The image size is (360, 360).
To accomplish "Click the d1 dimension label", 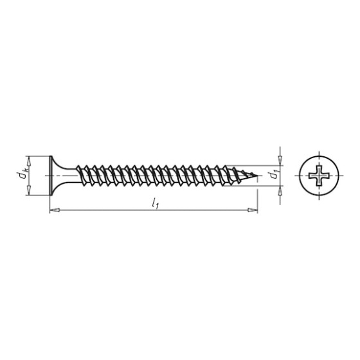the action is point(274,174).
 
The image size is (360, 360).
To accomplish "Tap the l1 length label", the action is point(155,204).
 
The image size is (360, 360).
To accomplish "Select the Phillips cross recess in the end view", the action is point(319,175).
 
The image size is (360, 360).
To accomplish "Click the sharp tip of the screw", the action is point(257,175).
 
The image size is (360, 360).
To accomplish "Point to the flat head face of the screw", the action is point(51,175).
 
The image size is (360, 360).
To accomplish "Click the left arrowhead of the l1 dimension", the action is point(55,210).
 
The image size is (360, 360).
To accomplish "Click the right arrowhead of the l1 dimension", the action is point(253,210).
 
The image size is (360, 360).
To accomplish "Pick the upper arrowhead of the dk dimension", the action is point(29,161).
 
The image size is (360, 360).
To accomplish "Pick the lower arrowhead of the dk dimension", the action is point(29,190).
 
